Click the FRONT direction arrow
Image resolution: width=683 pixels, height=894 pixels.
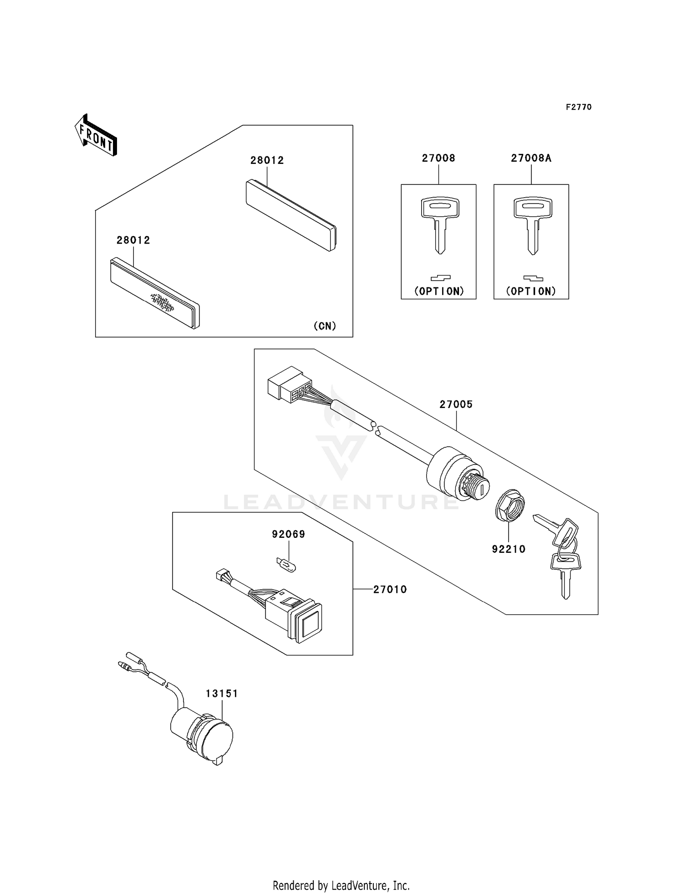(96, 136)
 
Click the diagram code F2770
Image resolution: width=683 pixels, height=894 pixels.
(578, 107)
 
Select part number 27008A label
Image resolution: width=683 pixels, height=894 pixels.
(531, 158)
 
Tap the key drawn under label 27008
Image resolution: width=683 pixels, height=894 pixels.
(439, 223)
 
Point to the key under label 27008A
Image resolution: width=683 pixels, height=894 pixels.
(532, 223)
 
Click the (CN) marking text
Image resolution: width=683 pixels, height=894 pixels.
(325, 326)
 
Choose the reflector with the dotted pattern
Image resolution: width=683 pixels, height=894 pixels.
(155, 293)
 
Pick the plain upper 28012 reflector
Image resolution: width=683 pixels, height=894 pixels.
(291, 214)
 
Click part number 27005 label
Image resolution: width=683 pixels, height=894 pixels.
(456, 404)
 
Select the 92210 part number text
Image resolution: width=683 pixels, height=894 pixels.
(509, 549)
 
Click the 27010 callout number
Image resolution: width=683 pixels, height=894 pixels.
(390, 589)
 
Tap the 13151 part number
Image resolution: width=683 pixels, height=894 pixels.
(222, 693)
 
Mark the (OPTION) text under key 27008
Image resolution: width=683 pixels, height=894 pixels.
(439, 291)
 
